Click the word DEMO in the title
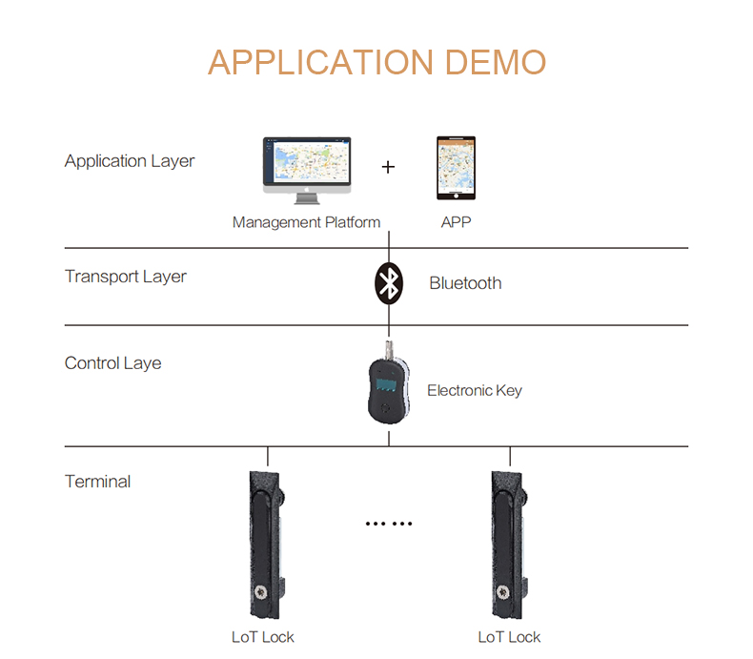coord(496,62)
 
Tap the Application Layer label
coord(130,161)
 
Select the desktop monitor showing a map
coord(307,171)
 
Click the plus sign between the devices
coord(388,167)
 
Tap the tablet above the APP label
coord(456,168)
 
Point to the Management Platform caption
coord(306,222)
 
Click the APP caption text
coord(457,222)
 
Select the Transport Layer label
coord(126,277)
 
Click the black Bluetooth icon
coord(389,283)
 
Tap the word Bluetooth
coord(465,283)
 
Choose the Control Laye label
coord(112,363)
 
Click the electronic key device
coord(389,383)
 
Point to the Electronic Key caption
coord(475,390)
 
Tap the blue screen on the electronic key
coord(386,384)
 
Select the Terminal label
coord(97,482)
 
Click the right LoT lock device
coord(509,545)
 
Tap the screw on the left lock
coord(261,592)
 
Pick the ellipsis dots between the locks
coord(389,524)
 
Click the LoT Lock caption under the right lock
coord(509,637)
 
